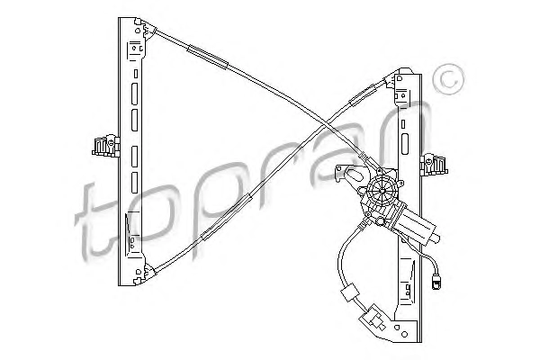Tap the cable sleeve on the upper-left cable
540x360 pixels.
(208, 58)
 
